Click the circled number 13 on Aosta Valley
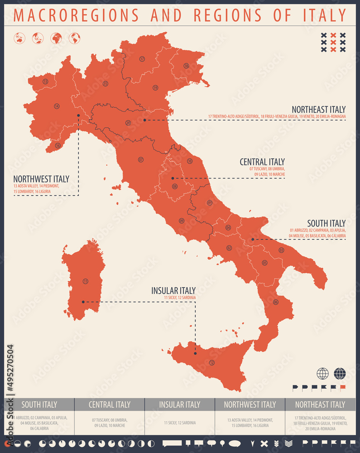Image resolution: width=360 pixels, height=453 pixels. pos(45,82)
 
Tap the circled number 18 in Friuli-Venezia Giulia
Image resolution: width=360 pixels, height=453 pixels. pos(186,66)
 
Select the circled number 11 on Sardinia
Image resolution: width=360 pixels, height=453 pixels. pos(86,281)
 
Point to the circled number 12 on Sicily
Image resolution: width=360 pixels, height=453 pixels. pos(211,362)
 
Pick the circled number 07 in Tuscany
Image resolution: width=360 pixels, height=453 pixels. pos(141,160)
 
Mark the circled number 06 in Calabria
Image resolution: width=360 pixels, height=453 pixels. pos(276,302)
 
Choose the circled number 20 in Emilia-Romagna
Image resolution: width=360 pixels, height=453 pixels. pos(128,123)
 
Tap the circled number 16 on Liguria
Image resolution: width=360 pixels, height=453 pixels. pos(58,145)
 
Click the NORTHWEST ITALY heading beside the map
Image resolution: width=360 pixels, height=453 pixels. pos(41,179)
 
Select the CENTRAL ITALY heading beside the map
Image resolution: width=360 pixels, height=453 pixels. pos(262,162)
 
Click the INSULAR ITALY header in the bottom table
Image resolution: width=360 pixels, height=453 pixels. pos(180,405)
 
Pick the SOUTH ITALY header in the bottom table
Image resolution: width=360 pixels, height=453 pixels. pos(39,405)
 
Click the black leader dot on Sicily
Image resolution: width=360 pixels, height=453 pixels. pos(195,353)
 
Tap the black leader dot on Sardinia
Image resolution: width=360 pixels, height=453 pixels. pos(83,302)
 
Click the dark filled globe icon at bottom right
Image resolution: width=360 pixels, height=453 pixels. pos(340,374)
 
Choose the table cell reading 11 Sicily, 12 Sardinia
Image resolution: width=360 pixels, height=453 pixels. pos(180,423)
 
